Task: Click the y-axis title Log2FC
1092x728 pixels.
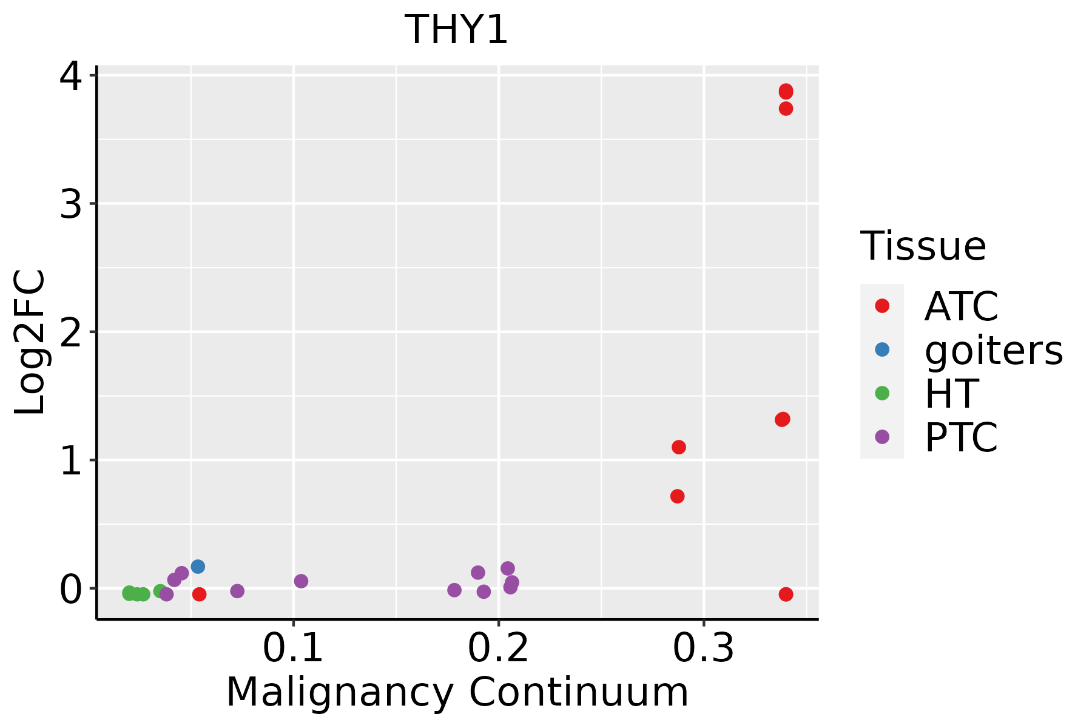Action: click(30, 343)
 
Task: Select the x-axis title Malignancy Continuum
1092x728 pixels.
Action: click(457, 692)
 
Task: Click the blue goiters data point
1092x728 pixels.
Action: click(198, 567)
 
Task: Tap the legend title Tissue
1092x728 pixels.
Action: click(923, 246)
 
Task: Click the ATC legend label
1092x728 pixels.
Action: click(961, 306)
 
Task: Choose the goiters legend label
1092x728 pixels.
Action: click(994, 350)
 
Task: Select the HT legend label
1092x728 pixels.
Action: click(951, 394)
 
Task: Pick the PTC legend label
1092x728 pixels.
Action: click(961, 437)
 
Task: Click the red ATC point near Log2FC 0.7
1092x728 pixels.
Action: click(678, 496)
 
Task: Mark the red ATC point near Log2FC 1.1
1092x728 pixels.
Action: click(679, 447)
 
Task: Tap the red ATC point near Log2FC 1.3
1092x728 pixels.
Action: click(783, 419)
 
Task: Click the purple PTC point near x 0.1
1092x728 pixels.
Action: click(301, 581)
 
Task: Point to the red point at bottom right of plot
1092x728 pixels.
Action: click(786, 594)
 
